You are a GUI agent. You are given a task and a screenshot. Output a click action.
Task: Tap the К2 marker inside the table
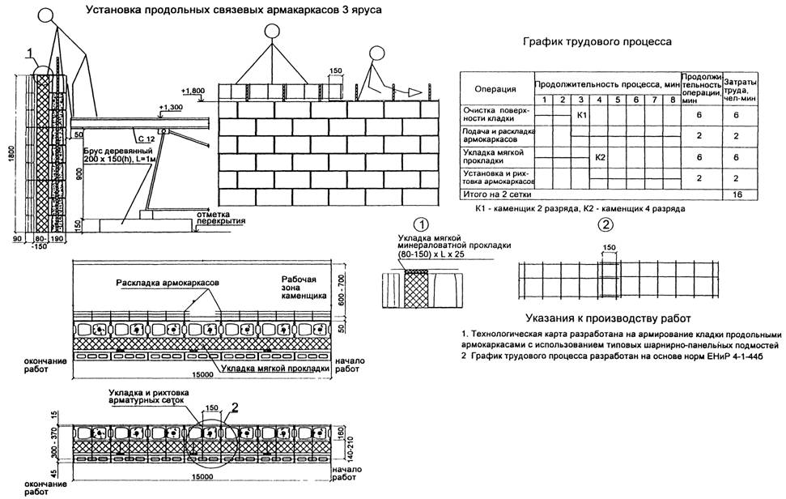click(x=599, y=156)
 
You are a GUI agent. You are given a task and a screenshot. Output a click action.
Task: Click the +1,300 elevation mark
click(x=172, y=108)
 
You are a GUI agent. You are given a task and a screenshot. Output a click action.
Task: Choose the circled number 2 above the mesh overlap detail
click(x=603, y=224)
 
